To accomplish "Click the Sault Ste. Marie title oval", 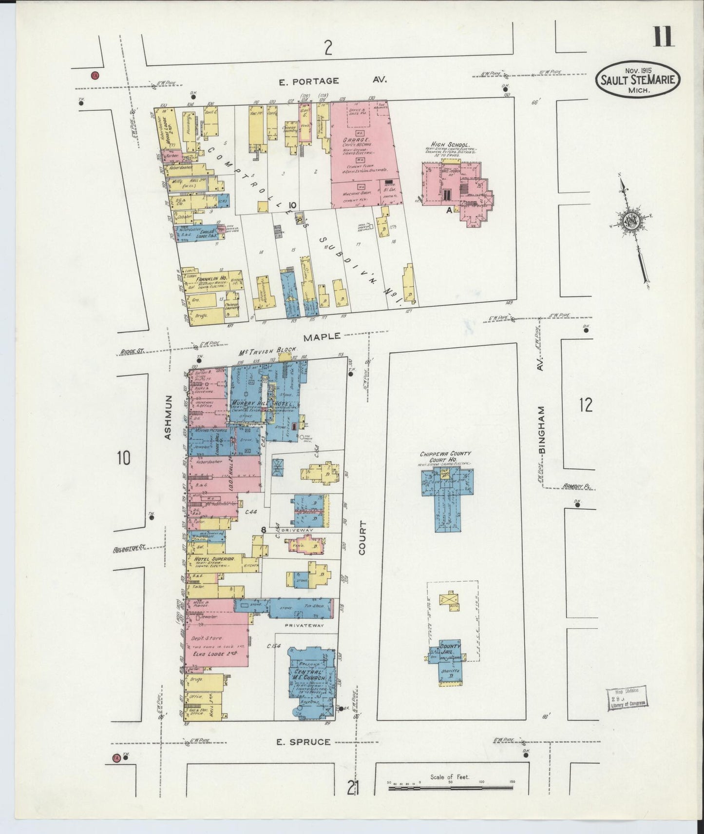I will tap(637, 79).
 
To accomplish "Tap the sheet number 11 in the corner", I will tap(663, 37).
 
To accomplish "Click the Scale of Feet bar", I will tap(451, 788).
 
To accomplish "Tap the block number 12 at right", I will tap(586, 405).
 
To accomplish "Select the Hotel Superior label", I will tap(214, 558).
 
